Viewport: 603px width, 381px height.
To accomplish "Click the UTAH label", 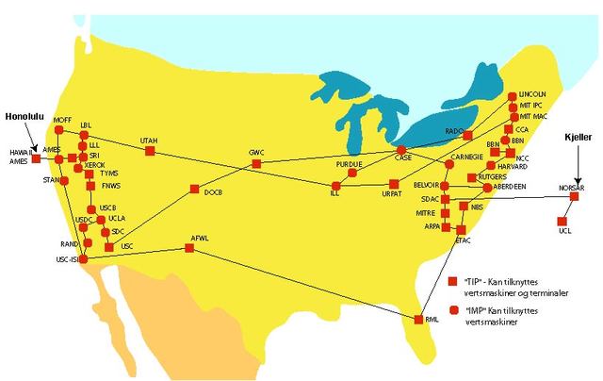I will click(149, 141).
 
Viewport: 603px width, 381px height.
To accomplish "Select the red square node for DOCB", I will click(194, 189).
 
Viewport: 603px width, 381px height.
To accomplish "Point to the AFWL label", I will click(199, 237).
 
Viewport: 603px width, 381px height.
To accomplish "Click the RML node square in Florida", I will click(418, 321).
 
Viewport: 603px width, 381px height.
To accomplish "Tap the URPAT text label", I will click(392, 195).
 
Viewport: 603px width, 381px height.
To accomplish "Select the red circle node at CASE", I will click(400, 150).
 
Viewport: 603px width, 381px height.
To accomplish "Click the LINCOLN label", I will click(533, 94).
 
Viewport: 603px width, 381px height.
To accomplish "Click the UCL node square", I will click(563, 221).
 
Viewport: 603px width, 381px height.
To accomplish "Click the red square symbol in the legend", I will click(452, 280).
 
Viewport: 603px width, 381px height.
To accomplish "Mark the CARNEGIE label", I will click(467, 157).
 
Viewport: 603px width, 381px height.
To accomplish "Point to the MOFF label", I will click(62, 120).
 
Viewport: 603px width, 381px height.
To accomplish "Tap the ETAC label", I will click(463, 240).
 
